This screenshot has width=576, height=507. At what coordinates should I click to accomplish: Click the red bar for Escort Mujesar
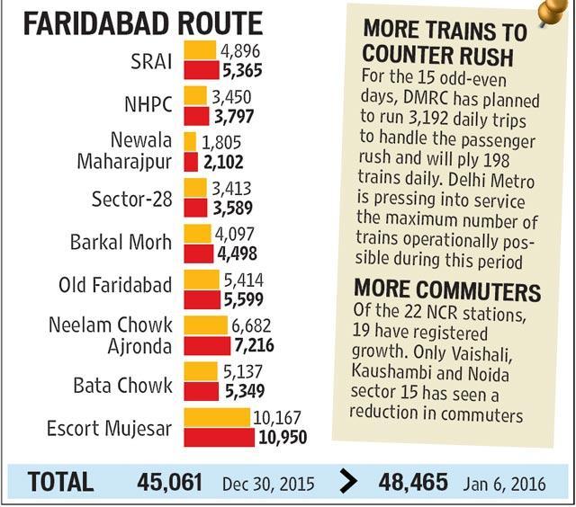[x=219, y=437]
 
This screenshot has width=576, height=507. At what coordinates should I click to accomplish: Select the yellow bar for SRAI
[x=200, y=50]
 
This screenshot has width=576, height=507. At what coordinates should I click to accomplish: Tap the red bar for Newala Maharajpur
[x=191, y=162]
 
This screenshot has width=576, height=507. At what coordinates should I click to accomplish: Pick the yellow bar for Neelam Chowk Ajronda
[x=206, y=325]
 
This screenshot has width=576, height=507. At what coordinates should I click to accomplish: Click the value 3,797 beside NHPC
[x=234, y=117]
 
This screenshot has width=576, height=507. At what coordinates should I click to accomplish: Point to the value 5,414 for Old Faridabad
[x=244, y=280]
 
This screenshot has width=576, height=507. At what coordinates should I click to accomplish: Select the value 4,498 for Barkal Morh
[x=237, y=253]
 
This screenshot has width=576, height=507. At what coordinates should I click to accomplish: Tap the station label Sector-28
[x=132, y=200]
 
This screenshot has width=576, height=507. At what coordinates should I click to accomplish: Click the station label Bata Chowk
[x=122, y=386]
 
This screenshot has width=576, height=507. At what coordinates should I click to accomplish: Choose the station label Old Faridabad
[x=115, y=285]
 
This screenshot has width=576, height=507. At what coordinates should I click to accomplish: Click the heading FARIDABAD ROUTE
[x=143, y=23]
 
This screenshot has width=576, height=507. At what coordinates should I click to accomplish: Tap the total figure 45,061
[x=169, y=482]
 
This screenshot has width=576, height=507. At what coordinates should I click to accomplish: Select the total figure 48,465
[x=413, y=482]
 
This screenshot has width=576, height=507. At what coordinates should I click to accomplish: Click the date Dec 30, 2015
[x=268, y=484]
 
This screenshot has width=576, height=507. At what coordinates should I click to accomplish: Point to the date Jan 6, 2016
[x=504, y=484]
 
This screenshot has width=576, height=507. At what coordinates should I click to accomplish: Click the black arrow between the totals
[x=348, y=481]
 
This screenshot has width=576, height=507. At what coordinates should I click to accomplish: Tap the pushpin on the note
[x=552, y=11]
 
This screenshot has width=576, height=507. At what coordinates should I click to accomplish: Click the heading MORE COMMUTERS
[x=447, y=290]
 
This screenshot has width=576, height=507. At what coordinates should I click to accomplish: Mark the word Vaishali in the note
[x=481, y=353]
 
